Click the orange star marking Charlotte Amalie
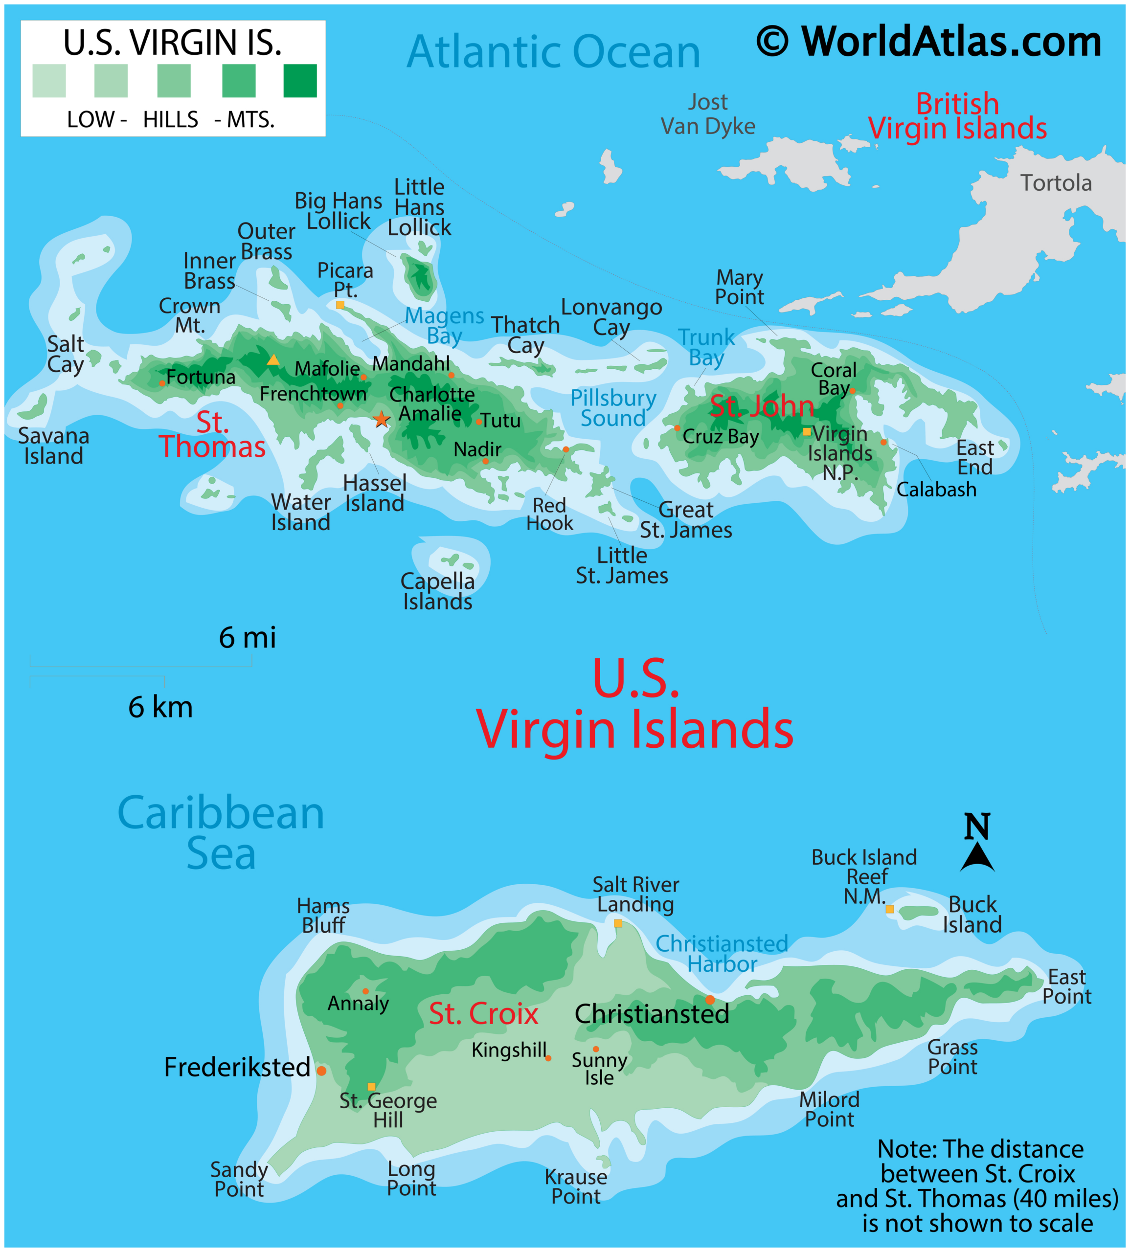pyautogui.click(x=381, y=420)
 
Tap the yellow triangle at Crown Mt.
pyautogui.click(x=272, y=359)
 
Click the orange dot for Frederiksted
pyautogui.click(x=321, y=1070)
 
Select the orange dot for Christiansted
pyautogui.click(x=710, y=999)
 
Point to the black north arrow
pyautogui.click(x=977, y=857)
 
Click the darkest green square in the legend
pyautogui.click(x=300, y=81)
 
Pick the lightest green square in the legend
pyautogui.click(x=49, y=81)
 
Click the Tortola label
pyautogui.click(x=1056, y=183)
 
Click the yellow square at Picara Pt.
pyautogui.click(x=339, y=305)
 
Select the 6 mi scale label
pyautogui.click(x=247, y=637)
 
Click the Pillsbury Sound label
pyautogui.click(x=613, y=408)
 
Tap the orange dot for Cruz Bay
pyautogui.click(x=677, y=427)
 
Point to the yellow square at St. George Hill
pyautogui.click(x=371, y=1086)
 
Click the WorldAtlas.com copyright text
pyautogui.click(x=929, y=42)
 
